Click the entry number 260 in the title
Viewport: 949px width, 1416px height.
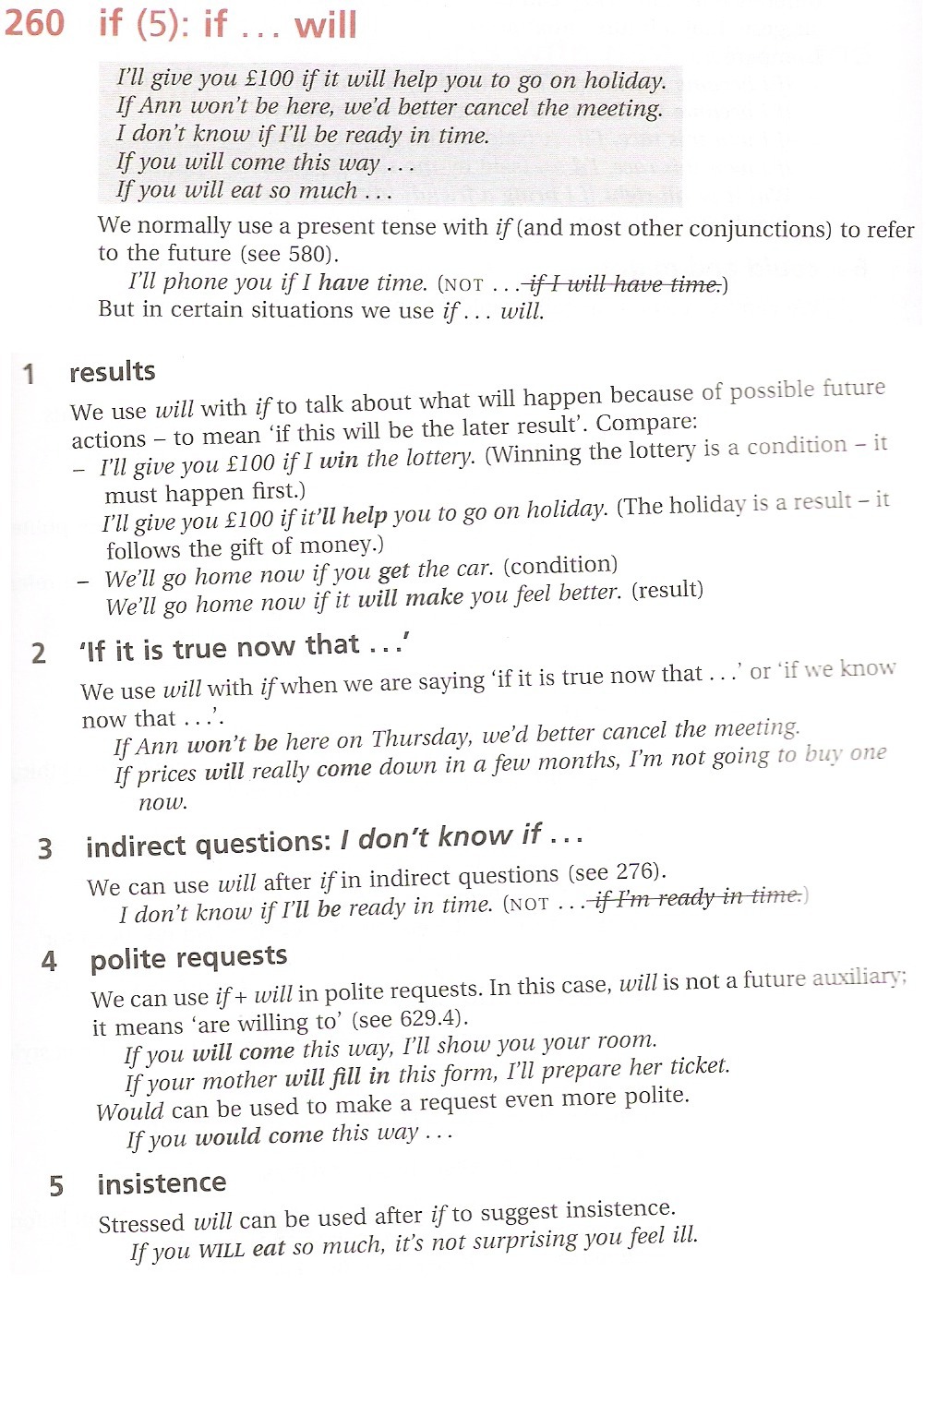point(34,22)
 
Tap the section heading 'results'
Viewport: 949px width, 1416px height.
point(112,372)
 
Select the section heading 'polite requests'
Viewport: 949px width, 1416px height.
point(188,958)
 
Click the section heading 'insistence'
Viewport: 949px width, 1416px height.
point(162,1183)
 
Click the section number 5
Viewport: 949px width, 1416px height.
point(56,1186)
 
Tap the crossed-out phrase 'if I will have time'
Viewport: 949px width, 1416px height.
point(623,284)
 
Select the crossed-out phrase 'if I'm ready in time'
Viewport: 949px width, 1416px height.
point(696,896)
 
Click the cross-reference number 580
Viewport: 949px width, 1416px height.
point(308,254)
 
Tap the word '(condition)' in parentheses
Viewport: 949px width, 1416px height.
point(559,565)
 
